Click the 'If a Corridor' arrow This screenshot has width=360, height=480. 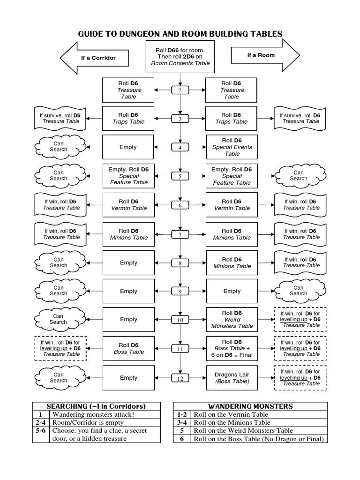(x=96, y=58)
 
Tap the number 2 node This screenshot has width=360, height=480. (x=180, y=90)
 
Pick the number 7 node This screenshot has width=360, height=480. (x=180, y=234)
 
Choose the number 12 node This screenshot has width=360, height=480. (x=180, y=378)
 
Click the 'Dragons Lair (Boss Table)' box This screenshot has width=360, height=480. (x=232, y=378)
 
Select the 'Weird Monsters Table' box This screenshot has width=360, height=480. (x=232, y=319)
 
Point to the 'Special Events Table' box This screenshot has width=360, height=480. (x=232, y=147)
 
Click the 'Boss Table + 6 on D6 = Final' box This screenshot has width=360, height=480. (x=232, y=349)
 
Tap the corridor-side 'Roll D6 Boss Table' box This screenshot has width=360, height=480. (x=128, y=349)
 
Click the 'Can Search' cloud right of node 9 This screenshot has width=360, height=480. (x=298, y=291)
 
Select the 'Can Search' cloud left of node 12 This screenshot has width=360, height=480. (x=59, y=378)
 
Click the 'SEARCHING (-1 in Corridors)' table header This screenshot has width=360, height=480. (x=96, y=406)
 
